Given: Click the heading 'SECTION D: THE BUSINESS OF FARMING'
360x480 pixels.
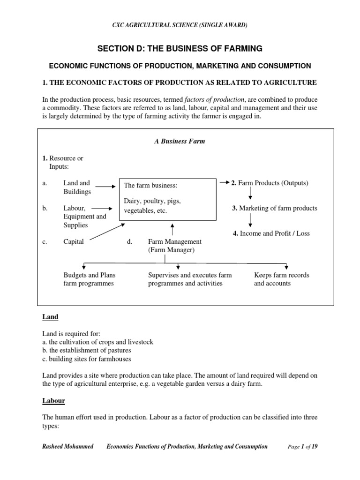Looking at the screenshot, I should pos(180,48).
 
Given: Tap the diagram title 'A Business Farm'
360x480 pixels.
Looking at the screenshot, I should pos(180,141).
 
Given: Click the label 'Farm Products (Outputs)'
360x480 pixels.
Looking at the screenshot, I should pos(270,183).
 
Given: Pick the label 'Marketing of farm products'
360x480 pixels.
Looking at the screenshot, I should pos(274,208).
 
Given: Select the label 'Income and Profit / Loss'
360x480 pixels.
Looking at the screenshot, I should pos(271,233).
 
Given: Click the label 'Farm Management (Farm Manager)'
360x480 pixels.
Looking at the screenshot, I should pos(174,246).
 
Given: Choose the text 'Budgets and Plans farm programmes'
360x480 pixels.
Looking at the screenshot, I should pos(89,279).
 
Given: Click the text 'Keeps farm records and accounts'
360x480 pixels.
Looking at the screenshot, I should pos(281,279).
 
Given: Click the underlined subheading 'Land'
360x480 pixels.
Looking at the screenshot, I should pos(50,317).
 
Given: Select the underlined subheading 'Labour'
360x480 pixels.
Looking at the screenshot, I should pos(53,401).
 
